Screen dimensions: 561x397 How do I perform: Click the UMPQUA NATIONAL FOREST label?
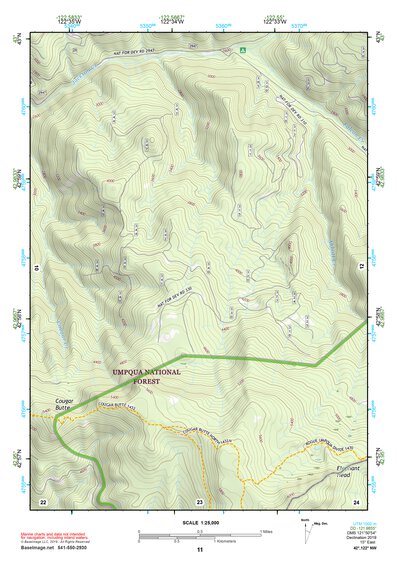click(x=147, y=375)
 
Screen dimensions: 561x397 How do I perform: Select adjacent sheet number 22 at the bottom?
click(x=43, y=500)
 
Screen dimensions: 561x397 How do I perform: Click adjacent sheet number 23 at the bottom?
click(x=199, y=500)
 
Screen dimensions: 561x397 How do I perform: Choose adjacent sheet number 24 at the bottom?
click(x=355, y=500)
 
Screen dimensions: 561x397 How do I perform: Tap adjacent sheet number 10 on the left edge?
click(x=36, y=267)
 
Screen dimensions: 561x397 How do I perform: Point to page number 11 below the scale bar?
click(x=199, y=549)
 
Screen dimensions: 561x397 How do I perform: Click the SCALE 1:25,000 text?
click(x=198, y=524)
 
